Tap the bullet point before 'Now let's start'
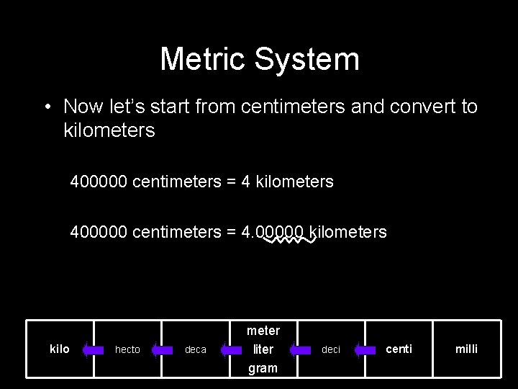pos(46,107)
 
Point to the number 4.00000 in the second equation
pos(274,232)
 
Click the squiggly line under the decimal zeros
pos(286,243)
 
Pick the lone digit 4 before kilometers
pos(245,182)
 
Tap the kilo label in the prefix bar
pos(60,349)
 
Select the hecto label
pos(127,349)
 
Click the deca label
pos(196,349)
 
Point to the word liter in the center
pos(263,349)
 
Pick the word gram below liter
pos(263,368)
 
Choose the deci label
pos(331,349)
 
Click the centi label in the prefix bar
pos(399,349)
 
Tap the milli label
pos(466,349)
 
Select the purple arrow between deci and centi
pos(366,350)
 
